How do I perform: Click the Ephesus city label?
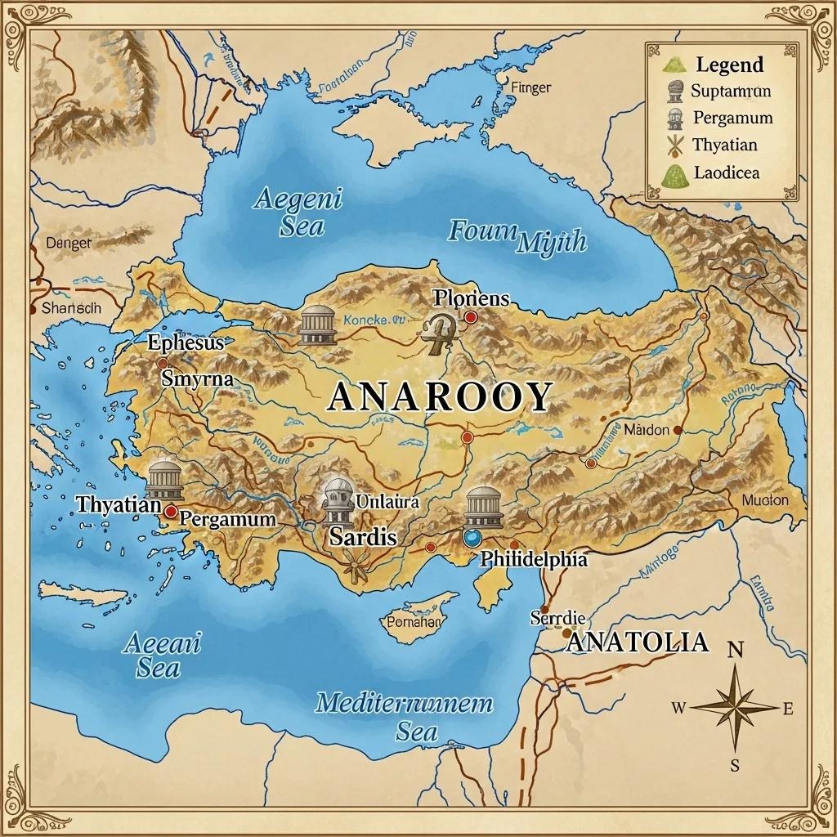pos(185,343)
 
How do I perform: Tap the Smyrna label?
pos(197,379)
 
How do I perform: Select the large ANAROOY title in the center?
pos(441,398)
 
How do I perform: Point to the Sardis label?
pos(363,537)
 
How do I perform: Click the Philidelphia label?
pos(533,560)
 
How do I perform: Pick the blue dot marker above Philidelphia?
pos(472,538)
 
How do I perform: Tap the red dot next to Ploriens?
pos(471,316)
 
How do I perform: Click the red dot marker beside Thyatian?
pos(171,512)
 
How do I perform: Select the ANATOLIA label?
pos(637,642)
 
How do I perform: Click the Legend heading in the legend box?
pos(729,65)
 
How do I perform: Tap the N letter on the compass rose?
pos(735,651)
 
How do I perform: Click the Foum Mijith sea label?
pos(517,235)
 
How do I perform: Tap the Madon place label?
pos(646,429)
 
